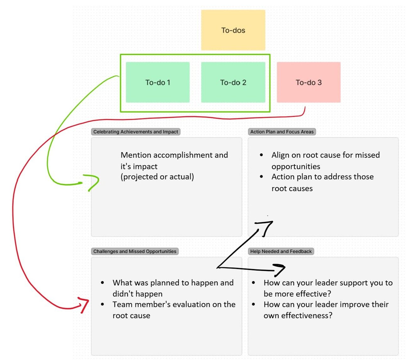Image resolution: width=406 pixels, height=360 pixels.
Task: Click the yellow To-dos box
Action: click(x=233, y=30)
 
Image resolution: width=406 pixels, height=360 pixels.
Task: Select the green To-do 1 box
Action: click(x=158, y=82)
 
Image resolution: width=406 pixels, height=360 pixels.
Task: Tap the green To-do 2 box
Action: click(x=233, y=82)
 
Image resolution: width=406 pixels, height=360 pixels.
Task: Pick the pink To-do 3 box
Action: click(x=309, y=82)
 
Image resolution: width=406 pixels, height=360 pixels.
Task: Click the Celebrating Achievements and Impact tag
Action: click(x=135, y=132)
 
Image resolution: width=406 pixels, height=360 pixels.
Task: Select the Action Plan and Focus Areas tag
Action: click(x=282, y=132)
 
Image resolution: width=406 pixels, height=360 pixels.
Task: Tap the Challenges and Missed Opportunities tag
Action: click(x=135, y=251)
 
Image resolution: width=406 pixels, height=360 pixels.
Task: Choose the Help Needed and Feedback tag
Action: click(x=281, y=251)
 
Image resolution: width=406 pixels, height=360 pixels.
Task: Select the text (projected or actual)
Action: click(x=157, y=177)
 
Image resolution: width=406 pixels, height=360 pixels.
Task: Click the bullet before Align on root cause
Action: click(x=261, y=155)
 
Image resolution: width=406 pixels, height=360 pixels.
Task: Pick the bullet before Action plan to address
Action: click(x=261, y=177)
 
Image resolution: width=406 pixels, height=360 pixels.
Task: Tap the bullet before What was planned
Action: click(x=102, y=283)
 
